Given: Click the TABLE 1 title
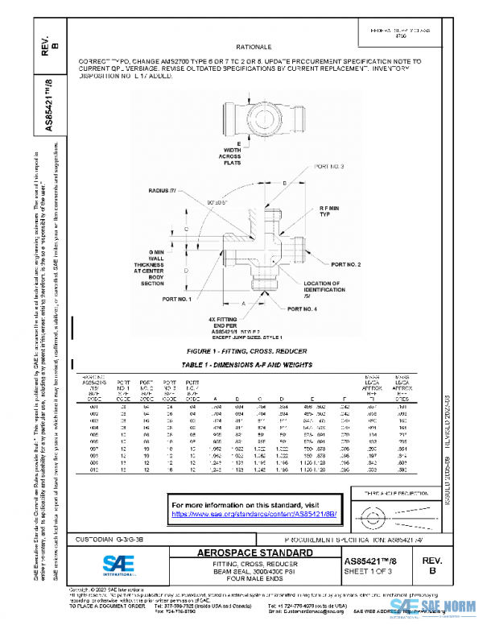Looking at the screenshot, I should pyautogui.click(x=240, y=366).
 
